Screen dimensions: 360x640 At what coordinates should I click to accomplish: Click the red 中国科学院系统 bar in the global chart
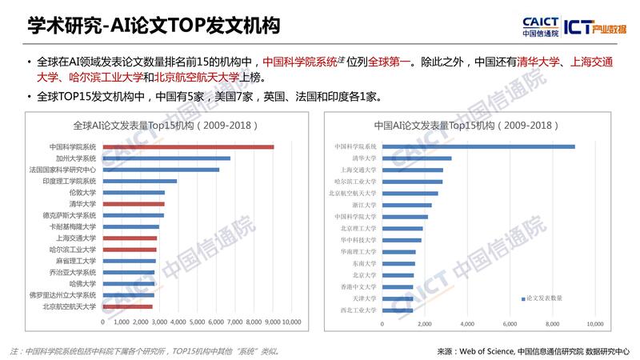click(x=188, y=146)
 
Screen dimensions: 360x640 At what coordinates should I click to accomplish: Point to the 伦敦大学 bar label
click(x=82, y=193)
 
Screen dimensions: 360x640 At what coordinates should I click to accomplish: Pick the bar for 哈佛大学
click(x=128, y=283)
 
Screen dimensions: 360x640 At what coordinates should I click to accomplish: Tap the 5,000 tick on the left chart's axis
click(x=197, y=322)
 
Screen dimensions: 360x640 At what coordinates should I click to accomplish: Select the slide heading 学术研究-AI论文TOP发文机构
click(x=152, y=26)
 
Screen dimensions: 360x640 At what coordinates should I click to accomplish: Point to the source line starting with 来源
click(x=534, y=350)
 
